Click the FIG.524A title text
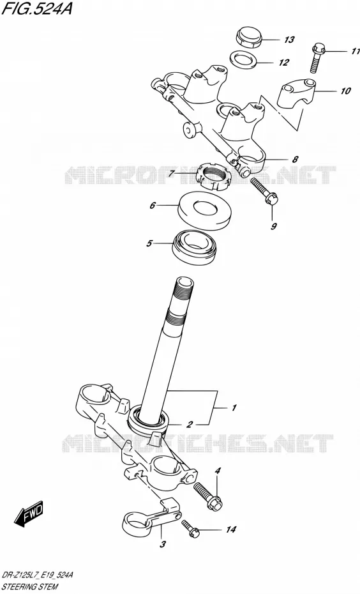point(36,8)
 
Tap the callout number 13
point(289,40)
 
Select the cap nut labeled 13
point(249,37)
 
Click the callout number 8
point(296,159)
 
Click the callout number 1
point(234,408)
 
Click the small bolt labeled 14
point(190,528)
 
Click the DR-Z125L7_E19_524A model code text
point(38,575)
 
